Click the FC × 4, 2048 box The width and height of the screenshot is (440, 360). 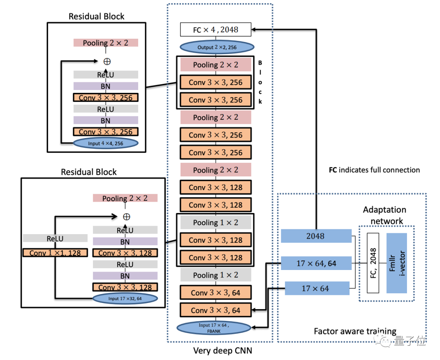(216, 29)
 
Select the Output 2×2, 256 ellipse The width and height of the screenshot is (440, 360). (216, 47)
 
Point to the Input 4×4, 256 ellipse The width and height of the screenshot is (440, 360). (106, 143)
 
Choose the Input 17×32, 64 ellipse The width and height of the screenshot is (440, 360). (125, 299)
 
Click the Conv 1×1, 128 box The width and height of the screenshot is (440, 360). (55, 253)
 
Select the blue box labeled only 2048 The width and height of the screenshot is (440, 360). (316, 236)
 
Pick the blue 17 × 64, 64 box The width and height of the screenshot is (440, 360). (316, 263)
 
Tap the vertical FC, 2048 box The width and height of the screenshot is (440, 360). (373, 263)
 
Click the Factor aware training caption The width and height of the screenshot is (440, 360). (355, 331)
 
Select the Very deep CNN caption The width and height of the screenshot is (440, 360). (220, 350)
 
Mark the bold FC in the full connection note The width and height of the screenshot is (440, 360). (333, 170)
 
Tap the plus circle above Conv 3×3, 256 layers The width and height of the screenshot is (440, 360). (107, 61)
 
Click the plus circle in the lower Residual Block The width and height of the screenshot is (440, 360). (127, 216)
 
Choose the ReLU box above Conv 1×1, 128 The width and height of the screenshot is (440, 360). (55, 239)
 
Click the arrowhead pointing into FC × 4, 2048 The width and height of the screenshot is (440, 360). (254, 29)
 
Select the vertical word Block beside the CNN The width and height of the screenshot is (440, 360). (260, 82)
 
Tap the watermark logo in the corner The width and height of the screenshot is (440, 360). (387, 341)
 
